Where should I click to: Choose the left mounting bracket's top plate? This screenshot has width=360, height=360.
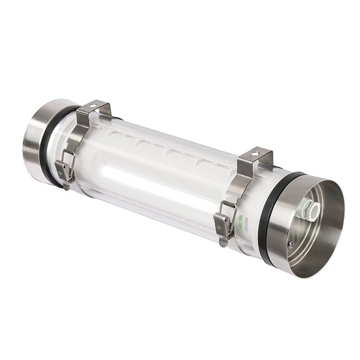(94, 108)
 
